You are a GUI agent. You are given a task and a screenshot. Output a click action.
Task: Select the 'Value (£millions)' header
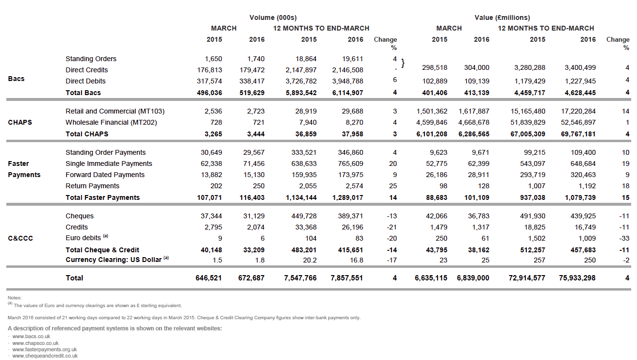(x=502, y=17)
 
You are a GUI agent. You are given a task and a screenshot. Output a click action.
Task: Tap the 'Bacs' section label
(x=16, y=79)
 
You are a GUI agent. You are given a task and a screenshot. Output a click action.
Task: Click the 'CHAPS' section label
(x=20, y=122)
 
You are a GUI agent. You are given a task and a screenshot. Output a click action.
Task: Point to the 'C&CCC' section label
(x=20, y=238)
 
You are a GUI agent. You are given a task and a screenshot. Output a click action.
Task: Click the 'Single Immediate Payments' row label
(x=109, y=164)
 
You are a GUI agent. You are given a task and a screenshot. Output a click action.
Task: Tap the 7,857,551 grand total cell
(x=347, y=278)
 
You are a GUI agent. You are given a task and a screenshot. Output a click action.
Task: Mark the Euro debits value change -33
(x=624, y=238)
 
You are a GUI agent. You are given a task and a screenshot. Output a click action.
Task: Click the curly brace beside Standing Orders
(x=403, y=64)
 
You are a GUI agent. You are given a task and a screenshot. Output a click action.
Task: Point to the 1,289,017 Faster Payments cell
(x=347, y=197)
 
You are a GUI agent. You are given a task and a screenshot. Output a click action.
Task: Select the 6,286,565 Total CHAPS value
(x=473, y=133)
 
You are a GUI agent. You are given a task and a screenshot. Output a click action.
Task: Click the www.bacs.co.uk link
(x=31, y=336)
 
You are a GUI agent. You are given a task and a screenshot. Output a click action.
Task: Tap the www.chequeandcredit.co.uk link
(x=45, y=356)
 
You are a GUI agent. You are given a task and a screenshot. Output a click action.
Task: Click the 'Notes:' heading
(x=15, y=297)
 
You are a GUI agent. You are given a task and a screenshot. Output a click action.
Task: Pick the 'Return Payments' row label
(x=93, y=186)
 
